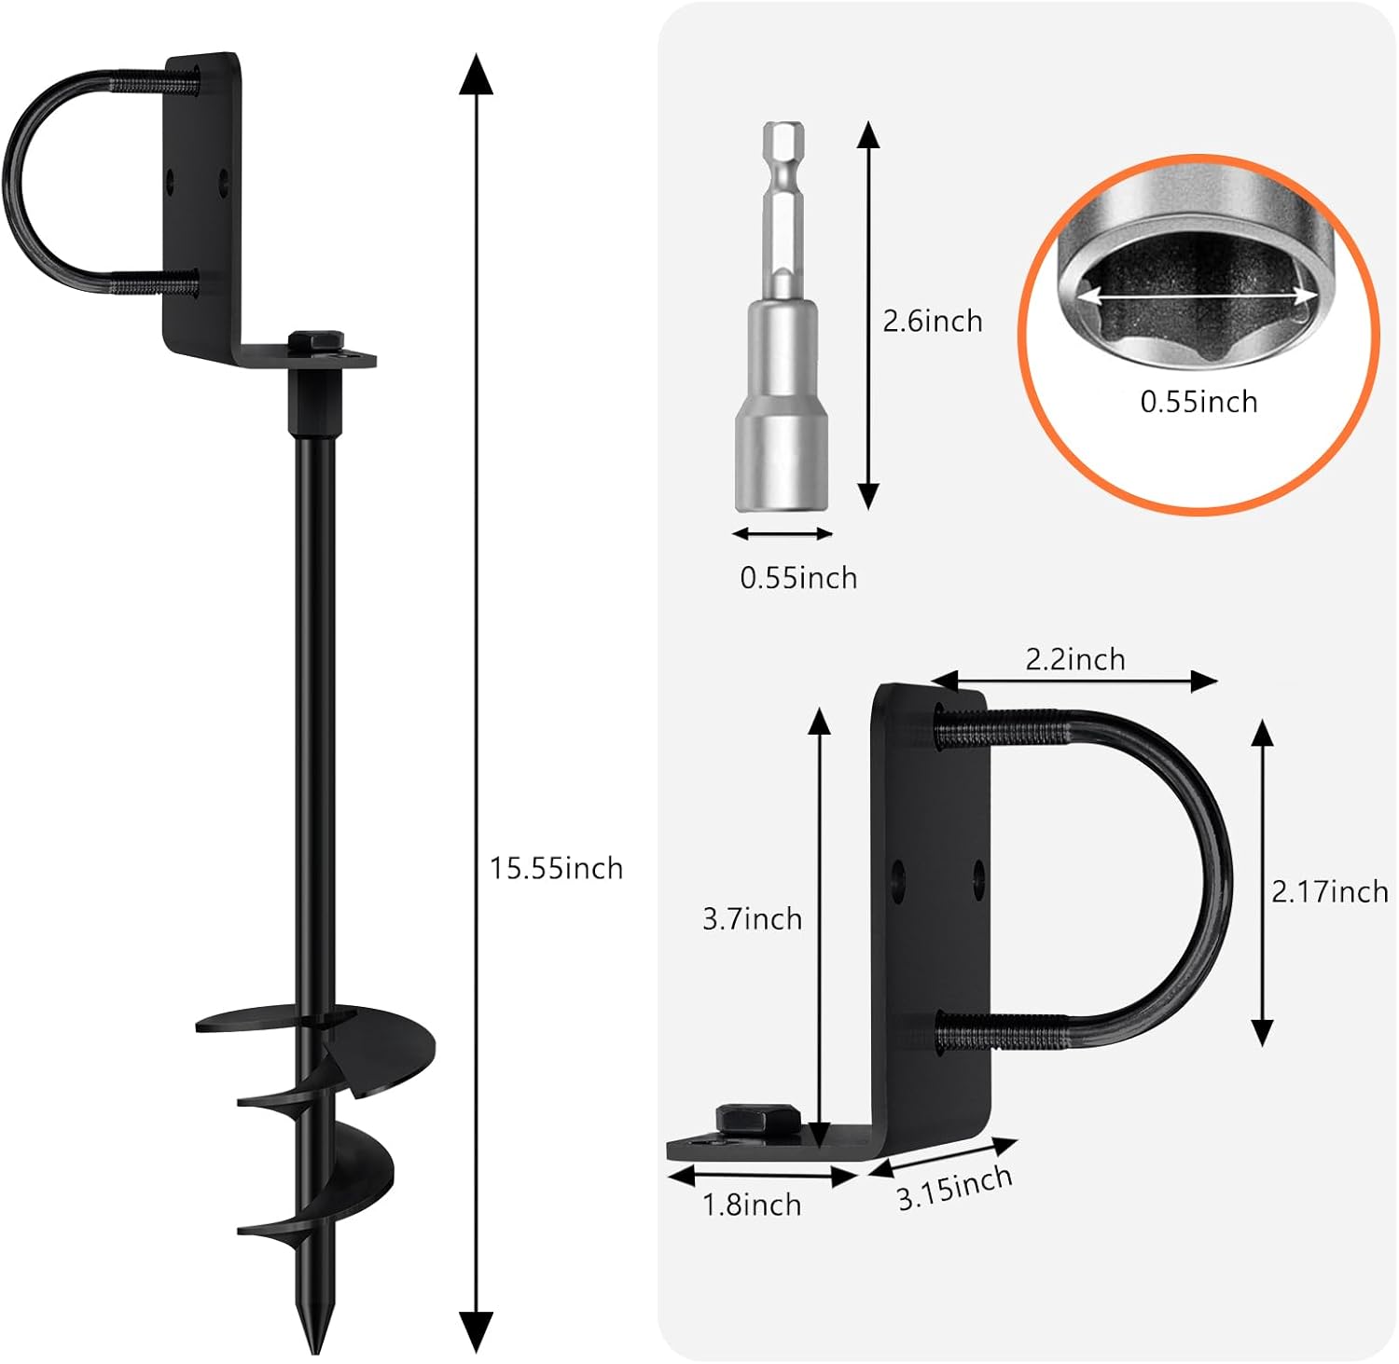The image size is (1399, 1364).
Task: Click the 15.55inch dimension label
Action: coord(557,869)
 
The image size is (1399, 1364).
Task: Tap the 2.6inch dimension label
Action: coord(933,322)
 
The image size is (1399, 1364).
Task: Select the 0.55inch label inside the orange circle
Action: coord(1198,402)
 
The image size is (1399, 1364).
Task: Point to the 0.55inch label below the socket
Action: coord(798,578)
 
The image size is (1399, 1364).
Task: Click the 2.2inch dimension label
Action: coord(1075,660)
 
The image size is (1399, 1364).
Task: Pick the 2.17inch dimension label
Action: coord(1330,892)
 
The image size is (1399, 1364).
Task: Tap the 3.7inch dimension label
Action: coord(752,919)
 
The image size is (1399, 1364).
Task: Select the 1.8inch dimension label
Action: coord(752,1206)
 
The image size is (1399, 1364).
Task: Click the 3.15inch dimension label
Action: coord(955,1188)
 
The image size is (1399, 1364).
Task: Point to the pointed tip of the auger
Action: coord(314,1350)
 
